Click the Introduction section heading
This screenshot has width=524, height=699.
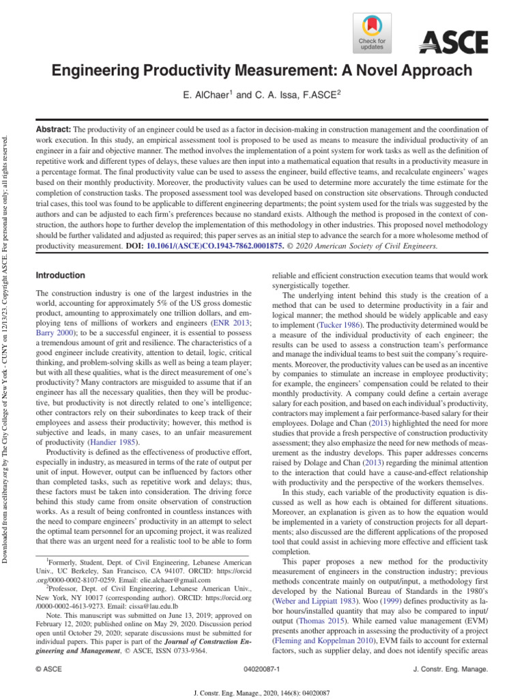[x=60, y=275]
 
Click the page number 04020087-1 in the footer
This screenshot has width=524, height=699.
[x=261, y=671]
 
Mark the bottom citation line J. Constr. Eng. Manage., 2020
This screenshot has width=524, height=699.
[x=261, y=690]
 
